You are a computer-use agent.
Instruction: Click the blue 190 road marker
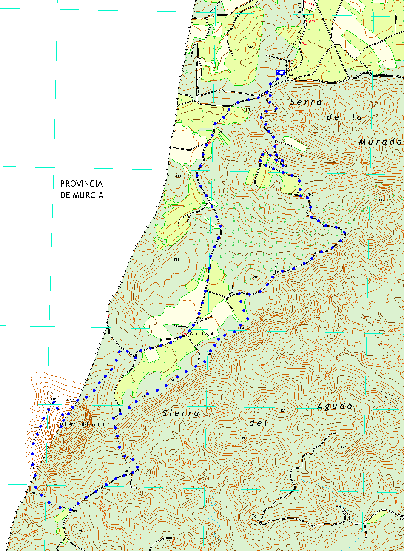(280, 73)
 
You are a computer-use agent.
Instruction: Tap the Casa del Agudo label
(202, 334)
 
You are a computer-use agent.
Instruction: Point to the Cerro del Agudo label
(85, 424)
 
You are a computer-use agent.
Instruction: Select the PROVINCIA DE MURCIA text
(82, 190)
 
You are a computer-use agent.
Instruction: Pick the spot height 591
(255, 277)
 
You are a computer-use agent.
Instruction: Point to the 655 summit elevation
(53, 400)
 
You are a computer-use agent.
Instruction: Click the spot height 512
(250, 47)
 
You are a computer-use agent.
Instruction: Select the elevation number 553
(248, 110)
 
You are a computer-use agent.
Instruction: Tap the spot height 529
(299, 156)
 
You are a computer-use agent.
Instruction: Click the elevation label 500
(176, 259)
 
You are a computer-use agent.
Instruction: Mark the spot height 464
(79, 531)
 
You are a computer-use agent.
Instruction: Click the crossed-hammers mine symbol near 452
(254, 515)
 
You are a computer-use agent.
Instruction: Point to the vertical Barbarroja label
(300, 9)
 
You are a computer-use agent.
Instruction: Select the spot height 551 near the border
(178, 176)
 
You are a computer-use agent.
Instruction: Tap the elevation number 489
(242, 438)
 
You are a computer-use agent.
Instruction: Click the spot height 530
(381, 199)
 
